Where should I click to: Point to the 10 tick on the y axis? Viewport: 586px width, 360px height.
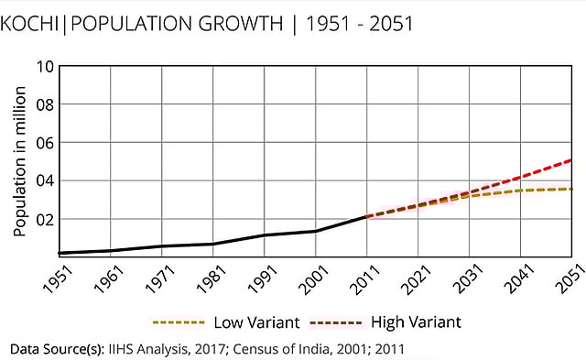[43, 67]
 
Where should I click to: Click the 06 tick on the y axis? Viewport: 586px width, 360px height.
[43, 143]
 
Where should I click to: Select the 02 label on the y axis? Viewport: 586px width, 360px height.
[43, 220]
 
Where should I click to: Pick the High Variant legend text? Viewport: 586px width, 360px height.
[416, 322]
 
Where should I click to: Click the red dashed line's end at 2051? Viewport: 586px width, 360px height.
[572, 160]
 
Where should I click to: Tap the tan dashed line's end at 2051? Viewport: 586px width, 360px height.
[572, 189]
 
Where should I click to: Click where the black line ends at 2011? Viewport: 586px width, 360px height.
[366, 217]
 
